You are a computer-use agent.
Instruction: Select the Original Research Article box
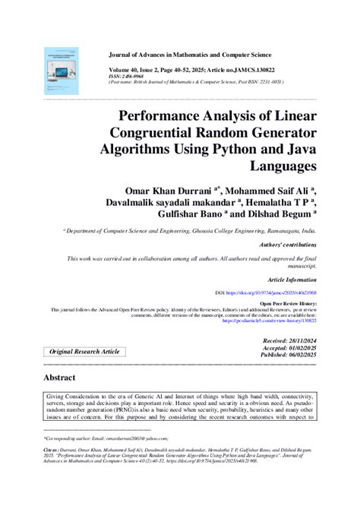[x=85, y=352]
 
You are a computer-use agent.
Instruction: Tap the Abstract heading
[x=59, y=377]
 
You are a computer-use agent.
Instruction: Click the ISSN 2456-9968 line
[x=125, y=76]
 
